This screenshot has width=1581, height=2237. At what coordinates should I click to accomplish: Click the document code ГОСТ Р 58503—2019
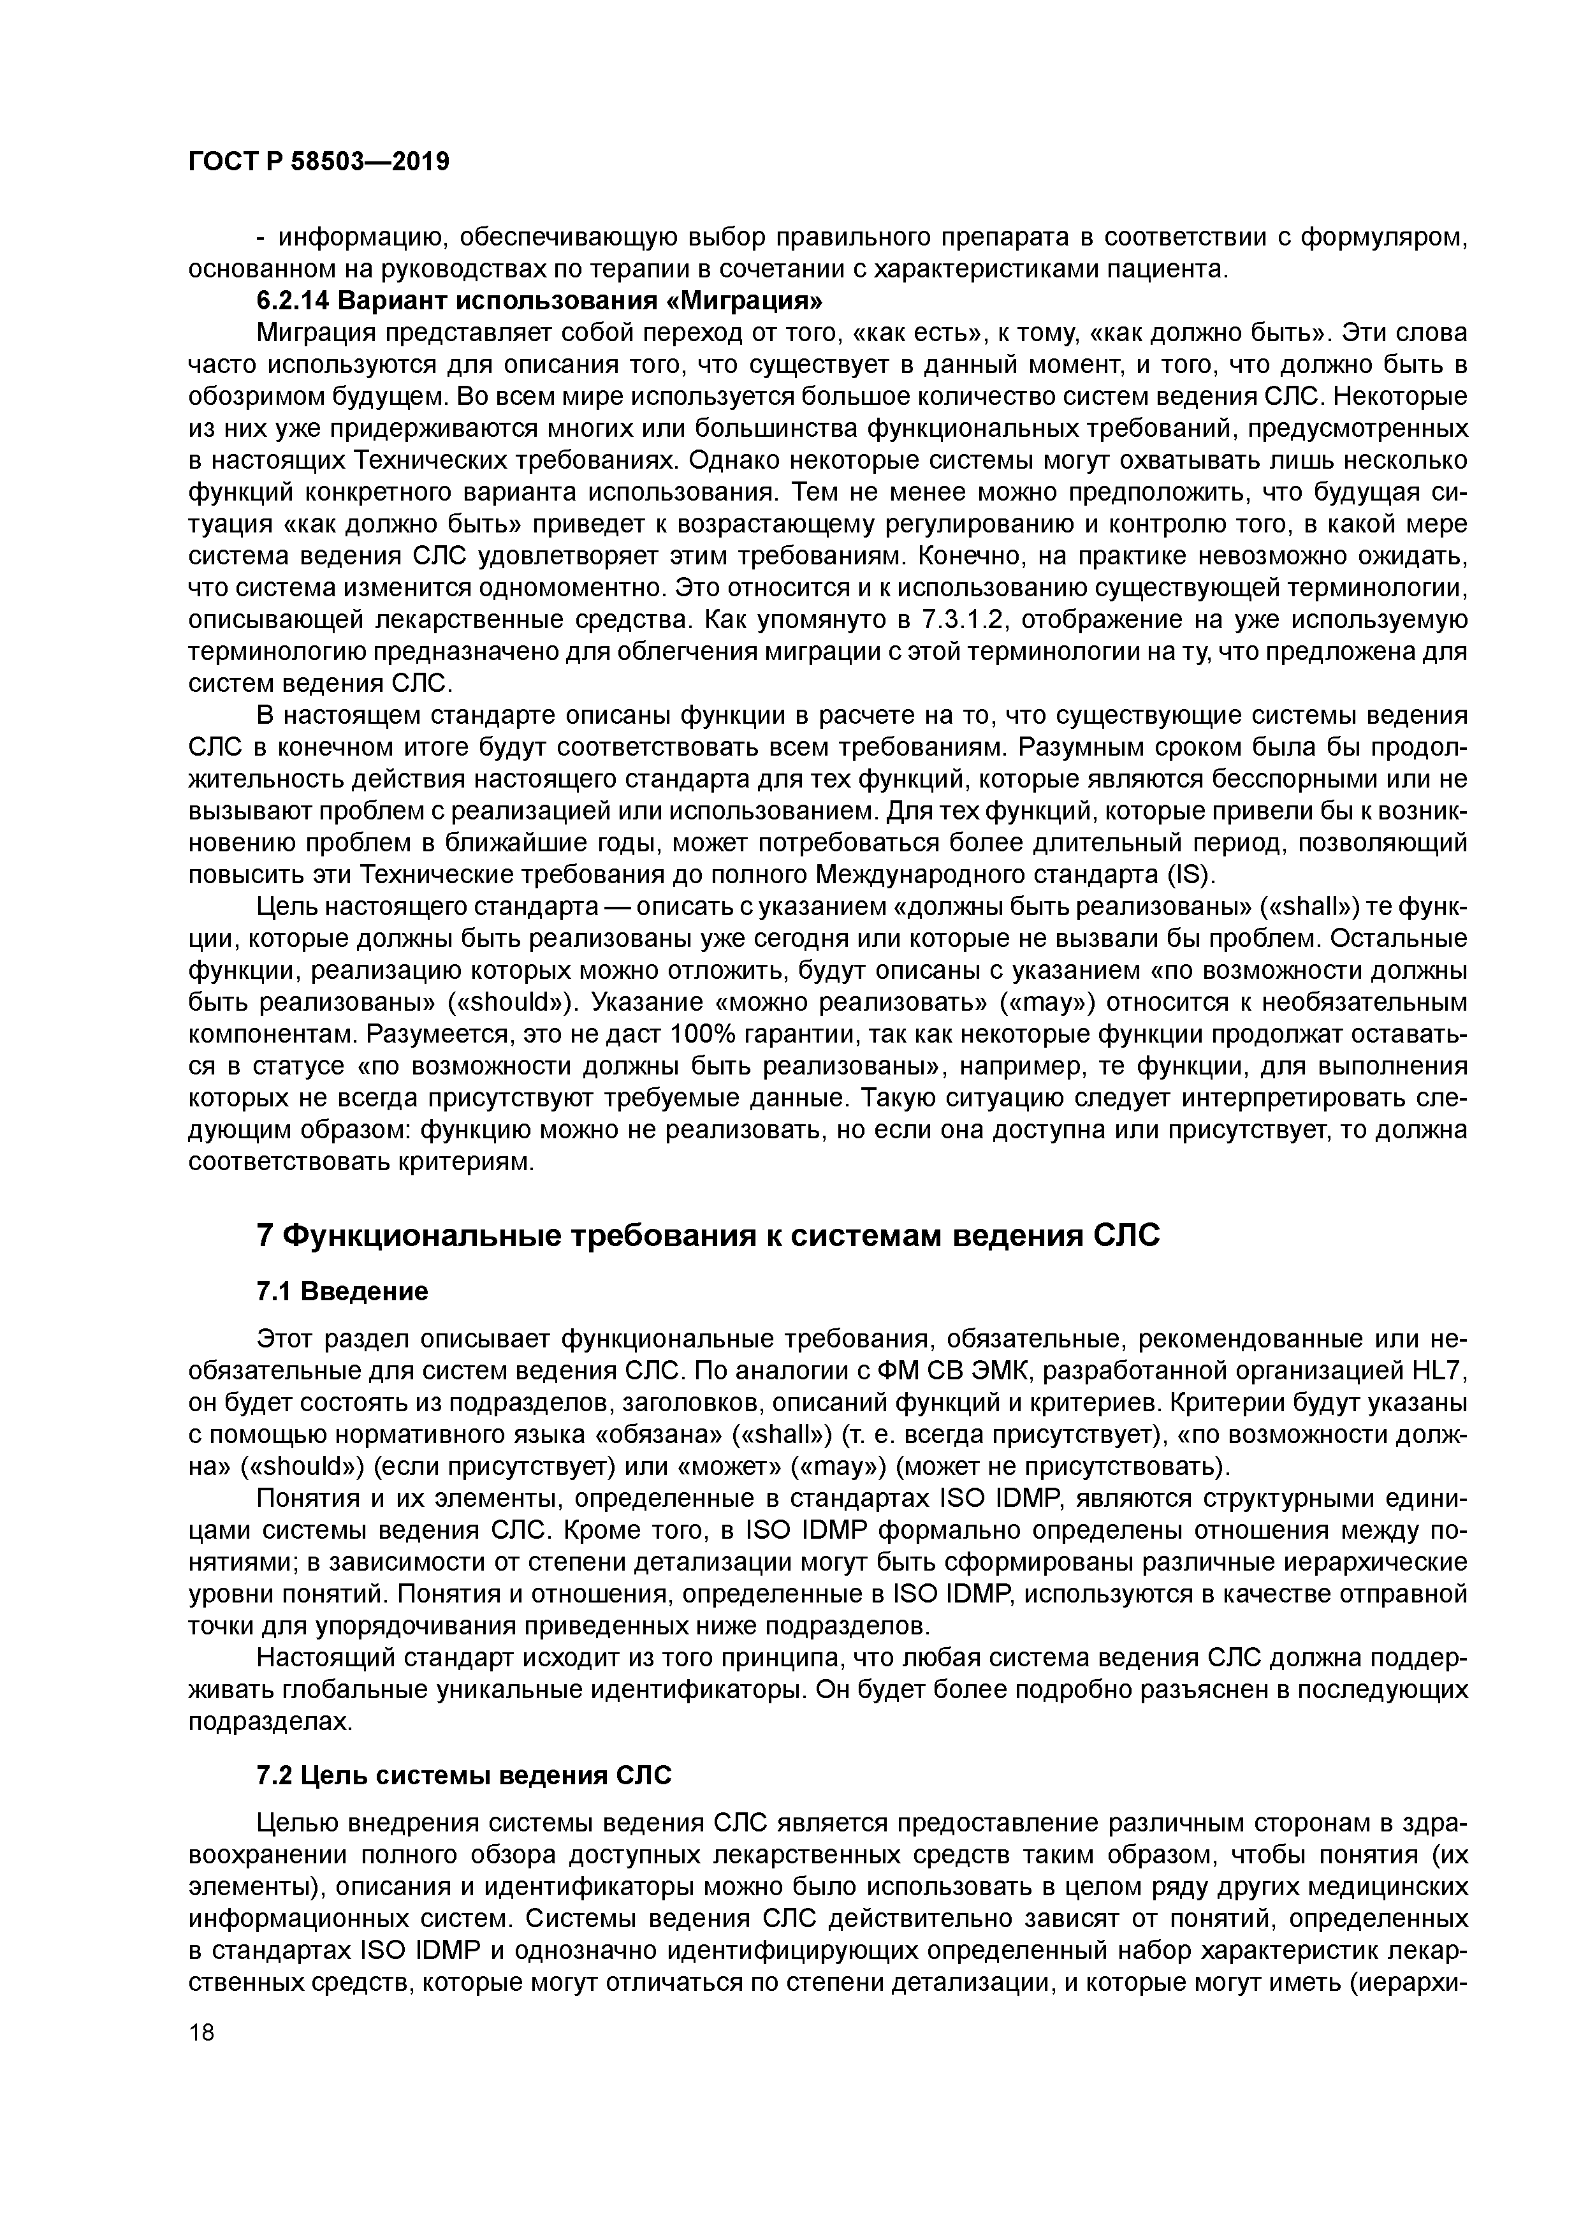pyautogui.click(x=319, y=162)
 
